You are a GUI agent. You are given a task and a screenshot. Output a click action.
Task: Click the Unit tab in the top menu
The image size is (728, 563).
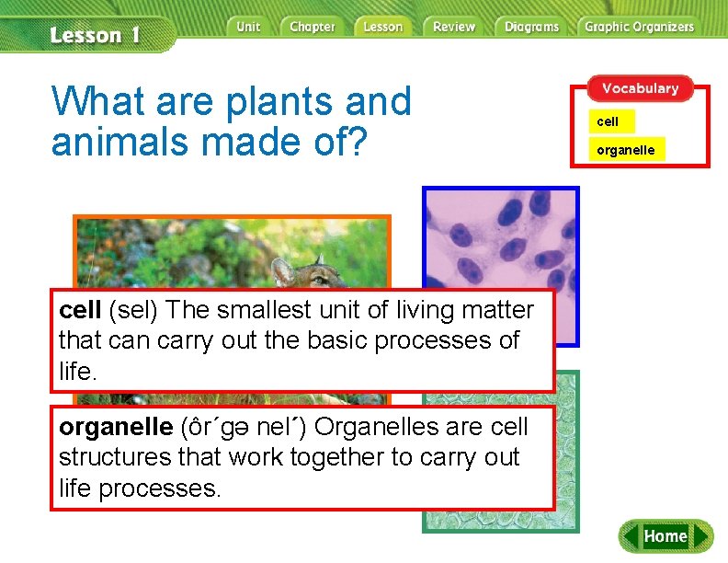click(x=248, y=27)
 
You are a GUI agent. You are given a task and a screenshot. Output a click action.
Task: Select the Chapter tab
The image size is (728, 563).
click(x=312, y=27)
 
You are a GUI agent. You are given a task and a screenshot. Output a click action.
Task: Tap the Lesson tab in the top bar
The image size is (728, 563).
click(x=382, y=27)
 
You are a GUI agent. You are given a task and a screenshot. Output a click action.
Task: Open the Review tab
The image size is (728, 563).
click(x=454, y=27)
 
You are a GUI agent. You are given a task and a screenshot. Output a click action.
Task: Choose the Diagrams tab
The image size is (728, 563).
click(x=531, y=27)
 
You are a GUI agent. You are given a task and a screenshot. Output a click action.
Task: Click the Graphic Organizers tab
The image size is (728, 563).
click(x=639, y=27)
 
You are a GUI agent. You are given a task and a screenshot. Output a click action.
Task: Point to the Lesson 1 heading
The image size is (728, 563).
click(x=95, y=36)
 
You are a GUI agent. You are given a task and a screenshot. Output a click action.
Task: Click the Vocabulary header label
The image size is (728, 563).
click(x=640, y=88)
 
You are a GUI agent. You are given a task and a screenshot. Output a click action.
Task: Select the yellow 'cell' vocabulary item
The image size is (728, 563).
click(x=608, y=121)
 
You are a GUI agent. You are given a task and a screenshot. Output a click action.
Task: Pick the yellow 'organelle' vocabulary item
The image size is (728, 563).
click(x=626, y=149)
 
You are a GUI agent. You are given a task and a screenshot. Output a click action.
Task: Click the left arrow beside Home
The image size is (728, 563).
click(x=630, y=536)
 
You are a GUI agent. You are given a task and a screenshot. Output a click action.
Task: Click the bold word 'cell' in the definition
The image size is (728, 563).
click(x=80, y=311)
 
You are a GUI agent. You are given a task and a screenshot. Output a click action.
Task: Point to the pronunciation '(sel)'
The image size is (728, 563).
click(x=135, y=311)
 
